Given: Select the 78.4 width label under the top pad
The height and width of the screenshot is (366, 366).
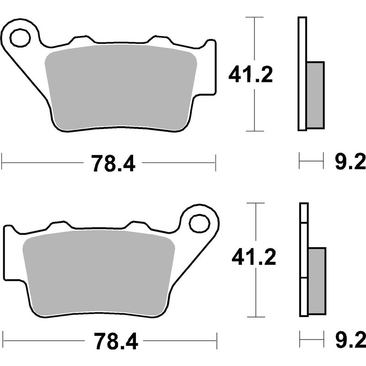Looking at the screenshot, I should tap(113, 163).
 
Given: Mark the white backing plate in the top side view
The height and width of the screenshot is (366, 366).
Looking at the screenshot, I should tap(301, 73).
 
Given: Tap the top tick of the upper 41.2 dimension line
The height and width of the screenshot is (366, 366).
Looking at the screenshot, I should tap(254, 17).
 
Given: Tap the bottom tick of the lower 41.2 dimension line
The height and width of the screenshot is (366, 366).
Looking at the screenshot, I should tap(255, 317).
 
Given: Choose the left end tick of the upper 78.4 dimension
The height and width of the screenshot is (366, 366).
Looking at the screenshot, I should tap(2, 161).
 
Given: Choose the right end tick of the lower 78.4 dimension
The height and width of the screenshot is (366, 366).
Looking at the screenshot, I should tap(215, 341).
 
